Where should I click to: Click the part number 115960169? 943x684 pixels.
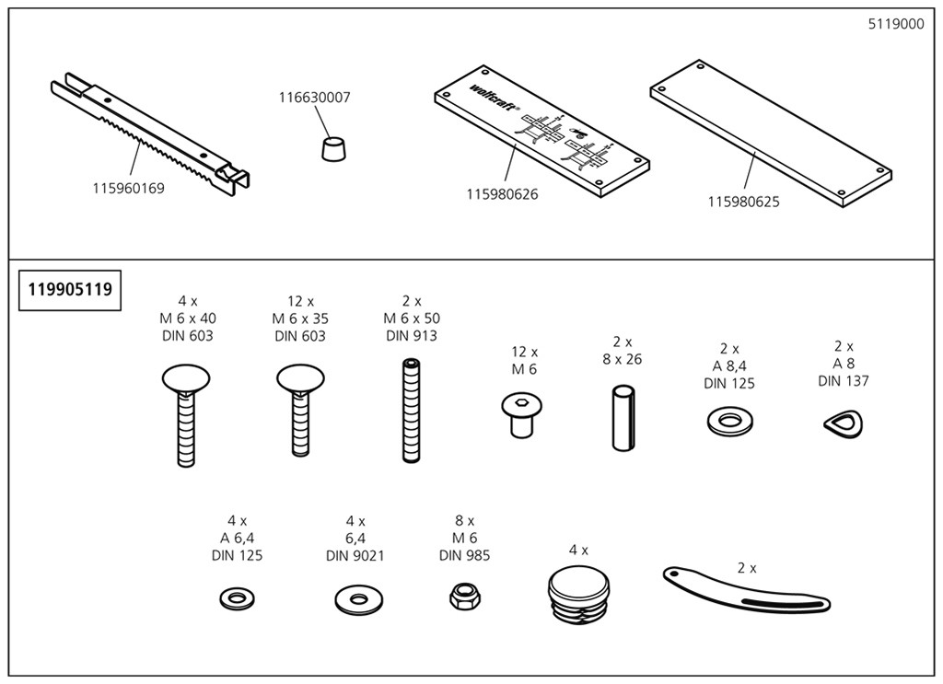(128, 189)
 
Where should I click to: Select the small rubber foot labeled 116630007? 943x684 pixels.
(333, 147)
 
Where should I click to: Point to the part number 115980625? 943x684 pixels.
(743, 202)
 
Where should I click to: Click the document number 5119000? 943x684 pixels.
(895, 25)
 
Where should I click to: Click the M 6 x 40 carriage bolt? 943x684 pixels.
(185, 414)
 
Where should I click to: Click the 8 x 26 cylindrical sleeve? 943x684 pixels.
(623, 418)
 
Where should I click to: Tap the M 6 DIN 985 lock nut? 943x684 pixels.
(463, 597)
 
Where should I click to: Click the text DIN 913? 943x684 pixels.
(411, 336)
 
